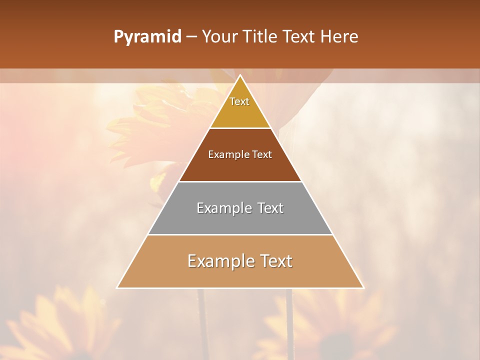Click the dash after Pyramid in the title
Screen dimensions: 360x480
click(191, 37)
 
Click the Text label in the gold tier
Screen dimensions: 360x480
click(239, 101)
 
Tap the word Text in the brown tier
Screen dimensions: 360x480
click(262, 155)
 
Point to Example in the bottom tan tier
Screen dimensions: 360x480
click(218, 261)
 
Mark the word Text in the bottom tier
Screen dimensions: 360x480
click(275, 261)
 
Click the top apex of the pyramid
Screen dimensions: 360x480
click(240, 75)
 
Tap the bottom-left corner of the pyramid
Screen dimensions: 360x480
click(117, 287)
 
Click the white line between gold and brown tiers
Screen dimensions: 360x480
click(240, 128)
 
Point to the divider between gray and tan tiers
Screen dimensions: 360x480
click(240, 234)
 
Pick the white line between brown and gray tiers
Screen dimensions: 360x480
click(240, 181)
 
